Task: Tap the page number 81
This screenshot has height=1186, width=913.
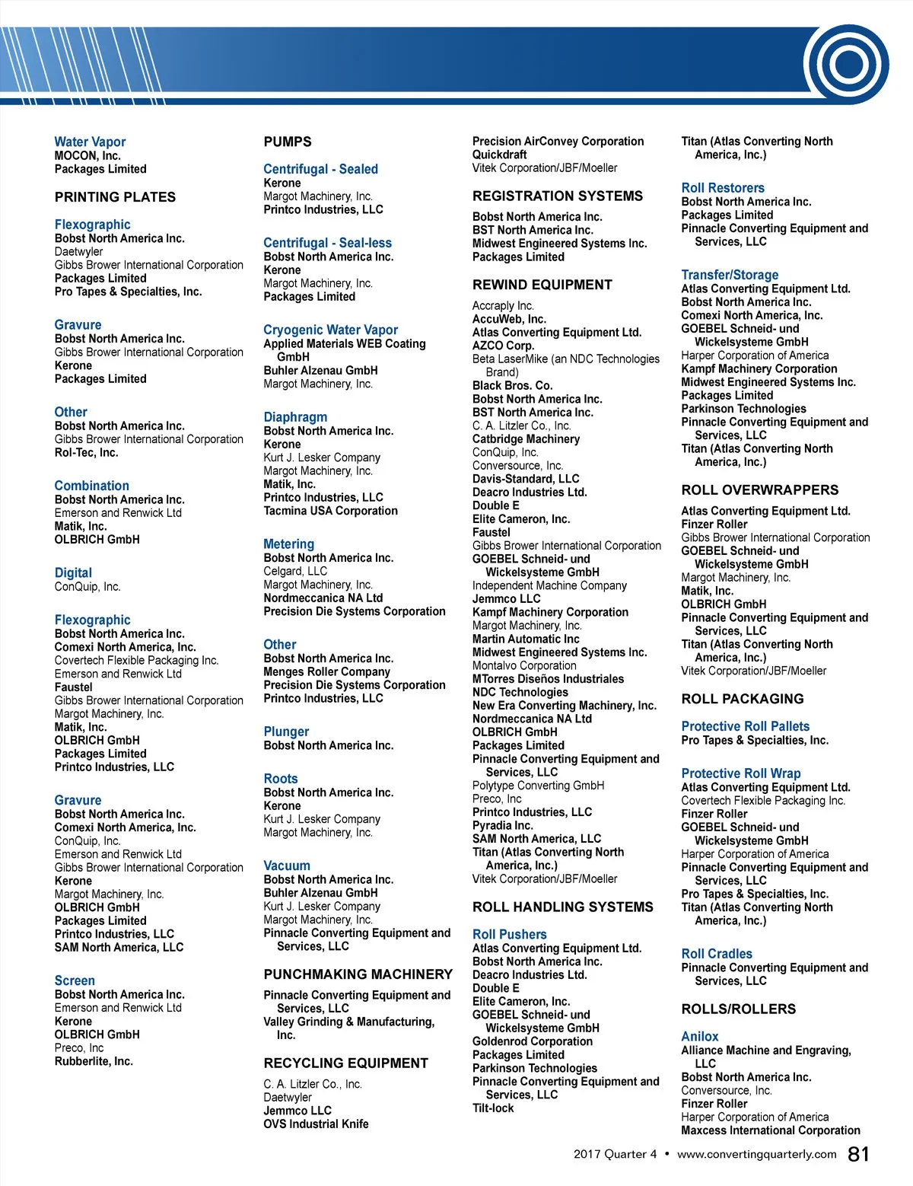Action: [858, 1155]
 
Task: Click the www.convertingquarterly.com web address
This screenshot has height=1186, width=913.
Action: [756, 1154]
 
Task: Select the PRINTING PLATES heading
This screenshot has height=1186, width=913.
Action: [115, 197]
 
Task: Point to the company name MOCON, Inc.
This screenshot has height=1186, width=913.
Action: [87, 155]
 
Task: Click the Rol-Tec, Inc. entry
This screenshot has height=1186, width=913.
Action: [86, 452]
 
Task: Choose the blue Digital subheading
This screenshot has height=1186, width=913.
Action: [73, 572]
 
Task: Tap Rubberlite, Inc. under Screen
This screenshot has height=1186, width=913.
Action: [94, 1061]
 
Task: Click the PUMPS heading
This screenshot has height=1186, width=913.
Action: [288, 142]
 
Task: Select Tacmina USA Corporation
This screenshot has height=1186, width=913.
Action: [330, 511]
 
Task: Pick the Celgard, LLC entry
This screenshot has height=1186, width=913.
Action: [295, 571]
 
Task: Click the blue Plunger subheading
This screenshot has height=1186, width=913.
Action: [286, 732]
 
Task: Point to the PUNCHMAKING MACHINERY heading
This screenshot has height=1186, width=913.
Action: [358, 974]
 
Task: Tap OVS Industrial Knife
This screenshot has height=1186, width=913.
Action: [316, 1124]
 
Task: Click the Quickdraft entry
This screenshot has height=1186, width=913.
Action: [499, 155]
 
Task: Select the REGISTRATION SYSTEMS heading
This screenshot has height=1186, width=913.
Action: [557, 196]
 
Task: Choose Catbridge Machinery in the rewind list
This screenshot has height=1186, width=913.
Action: [526, 439]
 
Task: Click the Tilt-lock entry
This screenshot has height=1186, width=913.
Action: [493, 1108]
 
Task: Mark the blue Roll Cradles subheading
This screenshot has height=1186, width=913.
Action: [716, 954]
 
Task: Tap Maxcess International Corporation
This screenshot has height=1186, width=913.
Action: [770, 1130]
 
